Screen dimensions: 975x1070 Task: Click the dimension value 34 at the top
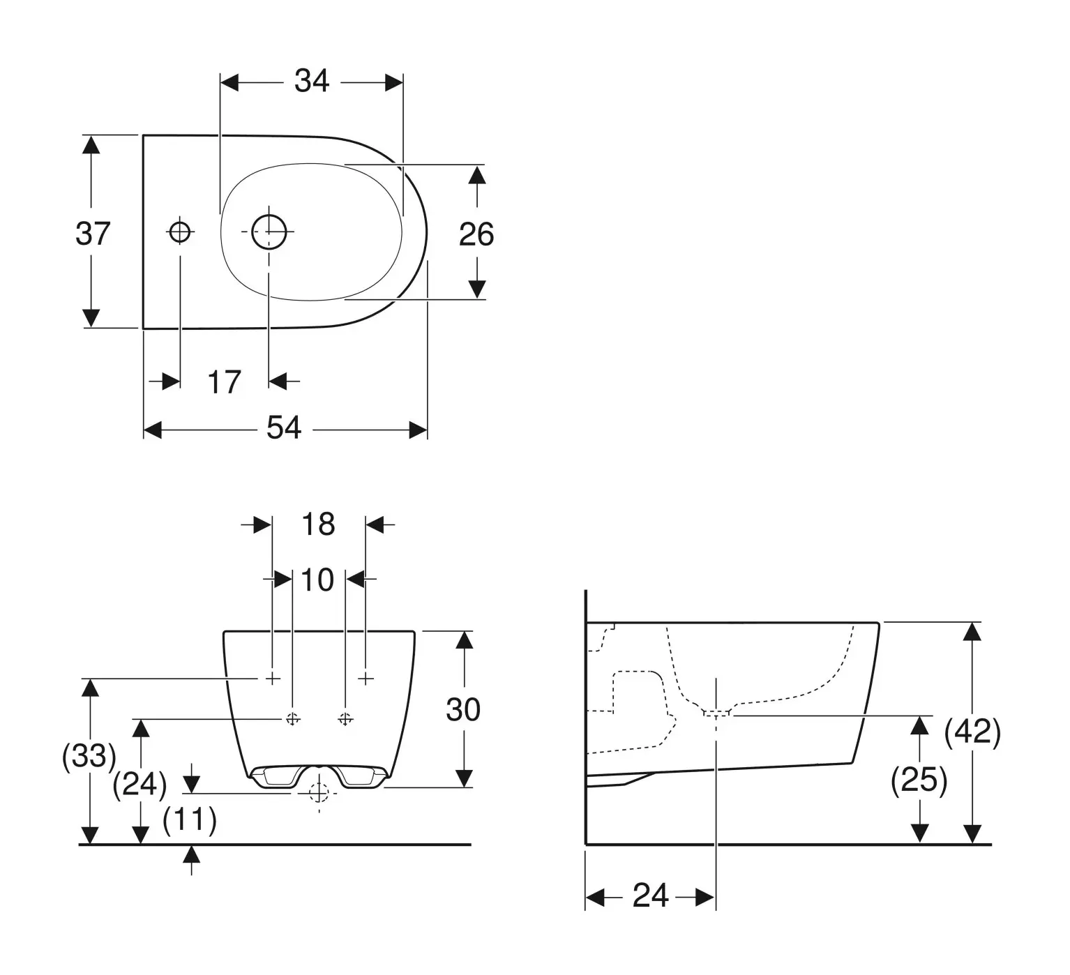pos(311,81)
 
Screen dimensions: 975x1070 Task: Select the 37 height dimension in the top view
pos(93,233)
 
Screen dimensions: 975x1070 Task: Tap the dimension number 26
pos(476,234)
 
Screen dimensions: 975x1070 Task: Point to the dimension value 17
pos(224,382)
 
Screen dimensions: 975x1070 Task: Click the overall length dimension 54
pos(284,428)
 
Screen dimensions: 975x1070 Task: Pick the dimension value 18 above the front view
pos(318,524)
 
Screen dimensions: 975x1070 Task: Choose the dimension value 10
pos(318,580)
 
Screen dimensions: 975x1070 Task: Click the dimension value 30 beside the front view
pos(463,710)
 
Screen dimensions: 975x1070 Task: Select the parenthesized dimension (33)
pos(89,756)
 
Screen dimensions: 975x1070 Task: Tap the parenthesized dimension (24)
pos(140,785)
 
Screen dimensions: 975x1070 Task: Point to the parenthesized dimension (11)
pos(190,819)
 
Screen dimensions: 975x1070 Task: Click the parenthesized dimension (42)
pos(972,732)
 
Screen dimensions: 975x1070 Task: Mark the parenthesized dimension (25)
pos(919,780)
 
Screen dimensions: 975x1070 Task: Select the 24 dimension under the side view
pos(650,895)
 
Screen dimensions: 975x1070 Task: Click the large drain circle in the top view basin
pos(269,232)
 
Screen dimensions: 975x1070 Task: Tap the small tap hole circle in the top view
pos(180,231)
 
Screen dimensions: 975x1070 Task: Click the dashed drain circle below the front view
pos(319,793)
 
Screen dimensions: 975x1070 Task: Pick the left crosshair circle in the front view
pos(293,718)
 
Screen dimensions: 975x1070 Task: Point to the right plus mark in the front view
pos(367,678)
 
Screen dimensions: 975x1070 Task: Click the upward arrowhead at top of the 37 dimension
pos(91,144)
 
